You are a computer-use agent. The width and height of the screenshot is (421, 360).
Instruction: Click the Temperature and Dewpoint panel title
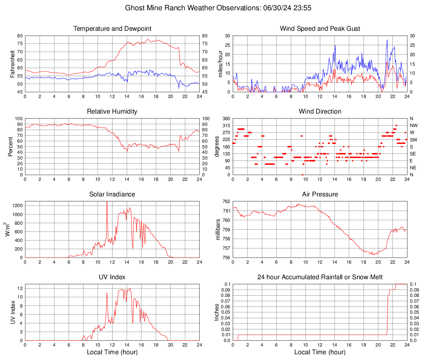tap(112, 29)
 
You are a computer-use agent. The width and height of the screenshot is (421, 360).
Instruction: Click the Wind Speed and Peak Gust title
tap(320, 29)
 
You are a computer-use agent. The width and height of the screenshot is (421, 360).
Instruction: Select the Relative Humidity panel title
tap(112, 112)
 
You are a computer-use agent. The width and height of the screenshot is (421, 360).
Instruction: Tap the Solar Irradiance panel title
tap(112, 194)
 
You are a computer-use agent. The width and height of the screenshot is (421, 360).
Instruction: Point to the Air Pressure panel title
tap(320, 194)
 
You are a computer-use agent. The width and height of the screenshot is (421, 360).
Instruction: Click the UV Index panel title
tap(112, 277)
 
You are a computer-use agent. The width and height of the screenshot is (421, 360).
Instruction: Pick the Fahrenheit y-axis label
tap(12, 64)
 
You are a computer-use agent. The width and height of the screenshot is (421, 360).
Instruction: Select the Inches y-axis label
tap(217, 312)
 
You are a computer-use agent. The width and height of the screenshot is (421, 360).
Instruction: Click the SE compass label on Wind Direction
tap(413, 154)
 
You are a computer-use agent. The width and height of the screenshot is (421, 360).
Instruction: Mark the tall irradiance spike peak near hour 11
tap(107, 202)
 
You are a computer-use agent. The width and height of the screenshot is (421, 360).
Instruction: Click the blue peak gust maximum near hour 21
tap(387, 40)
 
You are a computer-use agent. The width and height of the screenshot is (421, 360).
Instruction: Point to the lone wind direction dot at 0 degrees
tap(303, 175)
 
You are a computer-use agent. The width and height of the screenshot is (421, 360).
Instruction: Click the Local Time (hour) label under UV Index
tap(112, 352)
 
